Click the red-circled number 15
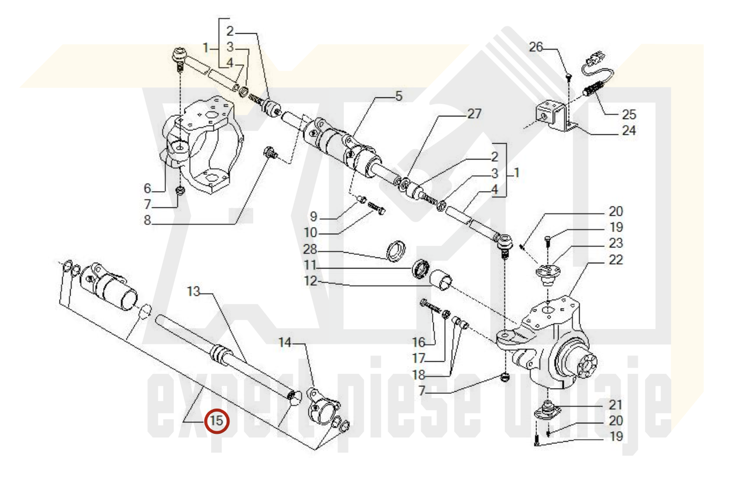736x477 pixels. (x=216, y=421)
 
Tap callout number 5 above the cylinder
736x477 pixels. (x=399, y=96)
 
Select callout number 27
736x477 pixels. (x=474, y=114)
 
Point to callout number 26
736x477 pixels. (x=535, y=47)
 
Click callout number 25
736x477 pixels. (x=629, y=115)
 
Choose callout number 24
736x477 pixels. (x=629, y=131)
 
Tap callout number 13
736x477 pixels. (x=194, y=291)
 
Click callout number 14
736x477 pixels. (x=285, y=343)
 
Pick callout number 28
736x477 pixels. (x=310, y=250)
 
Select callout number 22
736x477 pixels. (x=616, y=260)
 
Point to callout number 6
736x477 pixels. (x=147, y=188)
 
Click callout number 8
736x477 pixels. (x=147, y=220)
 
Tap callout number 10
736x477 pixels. (x=311, y=233)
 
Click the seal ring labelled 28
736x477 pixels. (x=396, y=251)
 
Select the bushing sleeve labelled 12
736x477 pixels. (x=441, y=280)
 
